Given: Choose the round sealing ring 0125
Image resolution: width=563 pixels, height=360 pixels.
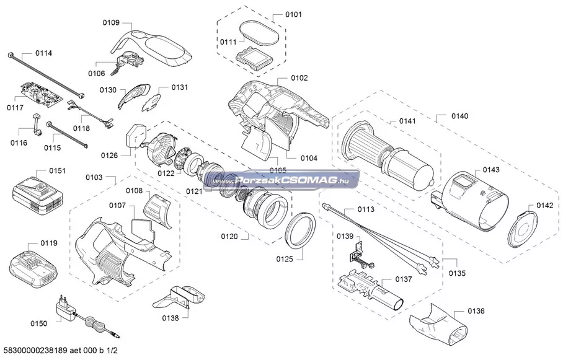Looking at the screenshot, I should (x=303, y=230).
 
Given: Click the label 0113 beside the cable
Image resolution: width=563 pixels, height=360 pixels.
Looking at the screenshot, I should (x=366, y=210).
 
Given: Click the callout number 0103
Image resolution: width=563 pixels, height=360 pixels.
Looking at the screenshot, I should (x=94, y=177).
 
